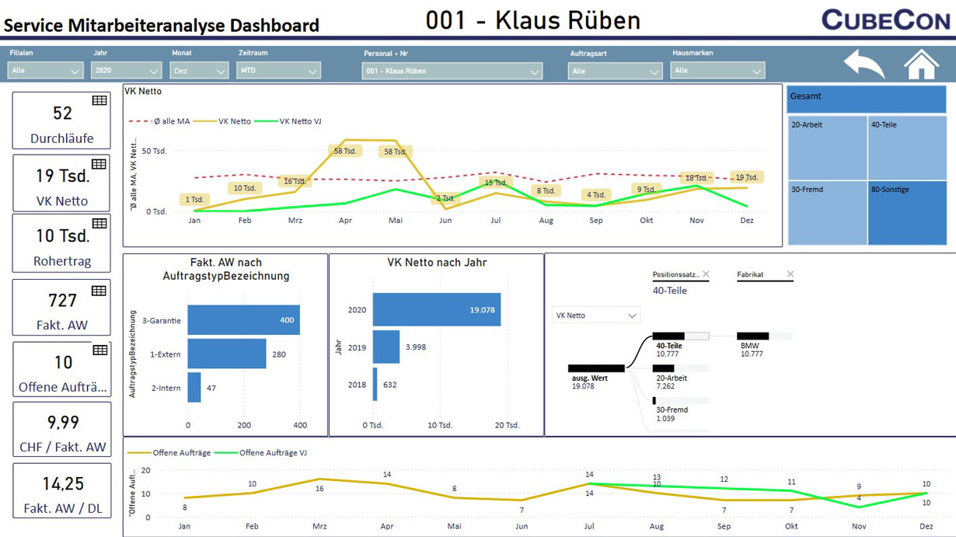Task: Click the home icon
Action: pyautogui.click(x=921, y=64)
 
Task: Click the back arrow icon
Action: pyautogui.click(x=864, y=65)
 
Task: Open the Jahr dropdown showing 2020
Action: pyautogui.click(x=126, y=71)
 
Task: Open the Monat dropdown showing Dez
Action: pyautogui.click(x=199, y=71)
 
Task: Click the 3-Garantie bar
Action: pyautogui.click(x=244, y=320)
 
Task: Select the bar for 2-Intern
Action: pyautogui.click(x=194, y=387)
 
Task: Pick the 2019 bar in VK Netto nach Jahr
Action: pyautogui.click(x=386, y=347)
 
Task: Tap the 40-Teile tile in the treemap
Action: pyautogui.click(x=907, y=148)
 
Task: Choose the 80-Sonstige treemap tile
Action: pyautogui.click(x=907, y=213)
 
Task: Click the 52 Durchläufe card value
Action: pyautogui.click(x=62, y=113)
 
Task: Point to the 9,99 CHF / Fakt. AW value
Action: pyautogui.click(x=62, y=423)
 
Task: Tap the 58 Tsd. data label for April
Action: pyautogui.click(x=344, y=151)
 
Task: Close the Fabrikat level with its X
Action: pyautogui.click(x=790, y=274)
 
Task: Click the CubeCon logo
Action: pyautogui.click(x=885, y=19)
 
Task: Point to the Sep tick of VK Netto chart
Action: pyautogui.click(x=596, y=220)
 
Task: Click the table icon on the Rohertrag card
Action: pyautogui.click(x=99, y=224)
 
